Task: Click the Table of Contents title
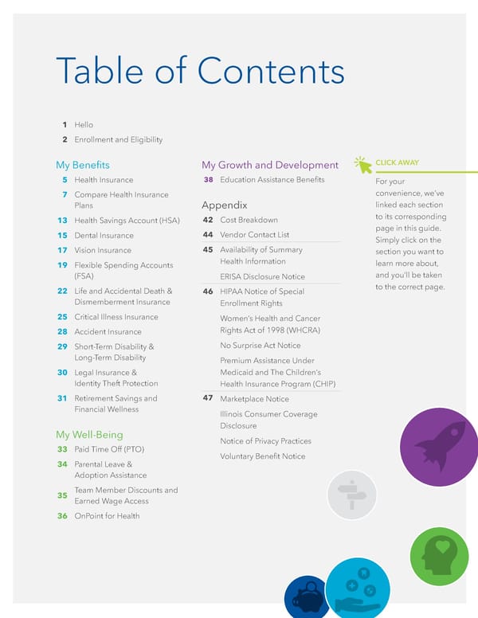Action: pos(199,72)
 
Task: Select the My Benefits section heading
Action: pos(83,166)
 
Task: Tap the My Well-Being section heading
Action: pos(89,435)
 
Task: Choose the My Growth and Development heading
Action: pos(270,166)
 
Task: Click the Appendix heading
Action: pos(225,205)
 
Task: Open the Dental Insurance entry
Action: pos(104,236)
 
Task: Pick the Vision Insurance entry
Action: pos(103,250)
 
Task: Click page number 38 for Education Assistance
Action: pos(207,180)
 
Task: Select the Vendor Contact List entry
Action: pos(254,235)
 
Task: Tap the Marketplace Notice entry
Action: pos(254,399)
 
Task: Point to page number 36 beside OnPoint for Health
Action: pos(62,516)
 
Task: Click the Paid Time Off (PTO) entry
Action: pos(109,450)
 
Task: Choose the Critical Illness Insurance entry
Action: pos(116,317)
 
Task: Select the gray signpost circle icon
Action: pos(351,495)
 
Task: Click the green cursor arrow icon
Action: pos(364,165)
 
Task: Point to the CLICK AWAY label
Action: pos(397,163)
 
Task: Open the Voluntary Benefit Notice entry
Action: pos(263,456)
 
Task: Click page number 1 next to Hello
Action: pos(64,125)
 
